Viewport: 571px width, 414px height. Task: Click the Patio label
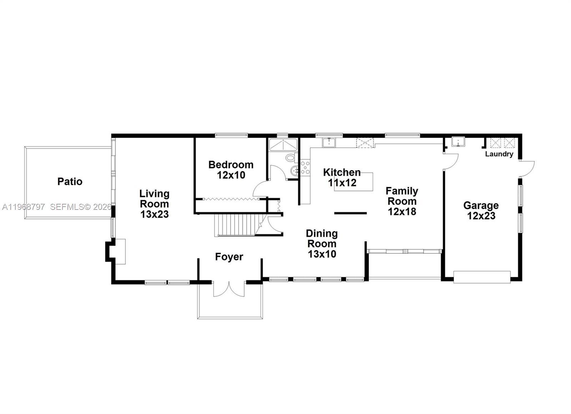click(x=70, y=182)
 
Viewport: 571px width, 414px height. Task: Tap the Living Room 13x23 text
click(x=154, y=204)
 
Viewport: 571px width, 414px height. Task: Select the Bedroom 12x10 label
click(x=231, y=170)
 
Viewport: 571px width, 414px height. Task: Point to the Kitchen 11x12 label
click(x=342, y=177)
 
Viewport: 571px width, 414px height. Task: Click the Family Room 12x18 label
click(x=402, y=201)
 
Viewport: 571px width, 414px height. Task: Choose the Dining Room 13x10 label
click(x=322, y=244)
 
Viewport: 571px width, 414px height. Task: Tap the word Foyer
click(x=229, y=257)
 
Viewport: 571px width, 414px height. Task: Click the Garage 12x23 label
click(x=481, y=211)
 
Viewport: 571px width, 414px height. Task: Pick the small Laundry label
click(x=499, y=154)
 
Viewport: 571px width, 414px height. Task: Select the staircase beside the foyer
click(x=236, y=225)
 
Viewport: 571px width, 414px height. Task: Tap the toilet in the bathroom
click(x=290, y=158)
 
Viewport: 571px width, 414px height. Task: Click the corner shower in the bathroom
click(x=283, y=144)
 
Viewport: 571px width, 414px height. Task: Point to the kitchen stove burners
click(x=305, y=167)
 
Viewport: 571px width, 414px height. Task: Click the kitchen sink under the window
click(x=329, y=143)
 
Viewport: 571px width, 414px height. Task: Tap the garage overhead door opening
click(x=482, y=277)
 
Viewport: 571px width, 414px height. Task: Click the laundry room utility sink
click(x=458, y=142)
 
